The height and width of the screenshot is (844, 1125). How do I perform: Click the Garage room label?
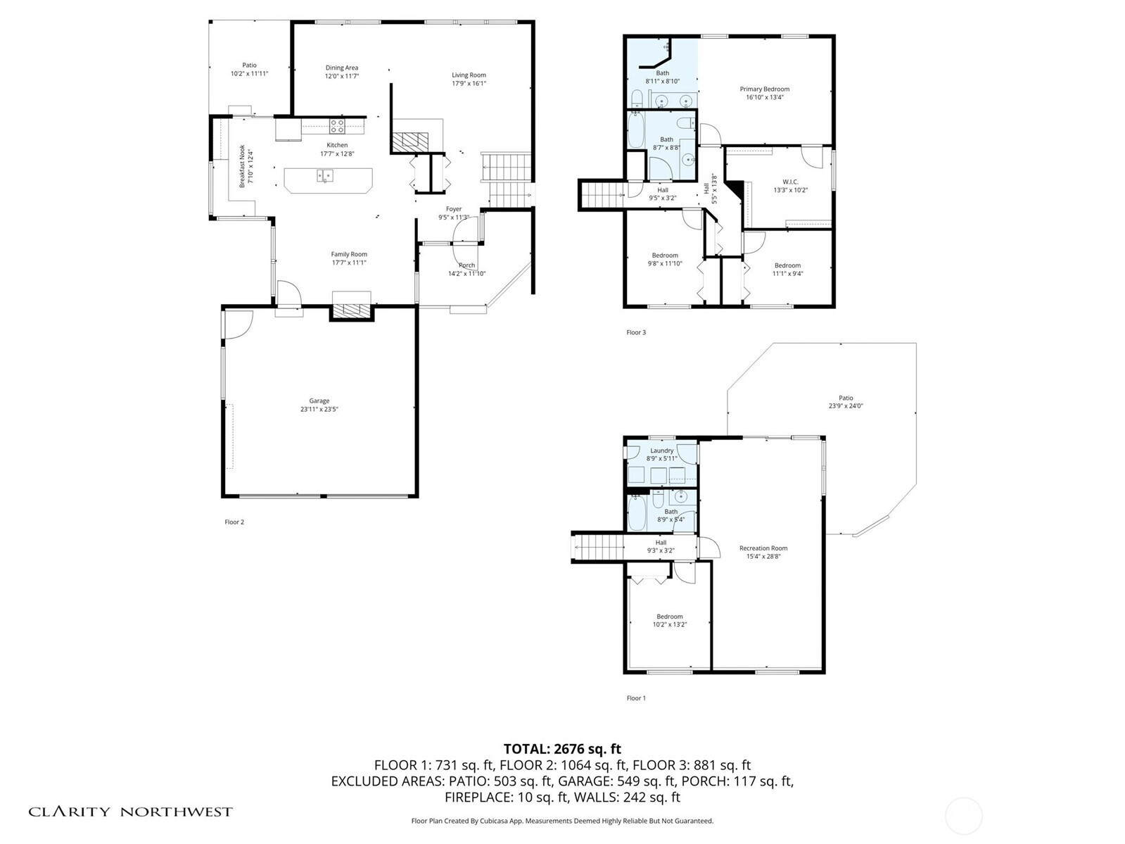pos(319,405)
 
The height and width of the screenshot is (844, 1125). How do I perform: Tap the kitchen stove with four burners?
pos(337,126)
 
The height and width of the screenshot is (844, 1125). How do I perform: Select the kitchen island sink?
pos(324,176)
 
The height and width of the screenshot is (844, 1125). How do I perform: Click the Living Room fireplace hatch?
pos(410,139)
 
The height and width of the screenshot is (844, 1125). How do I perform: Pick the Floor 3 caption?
pos(636,332)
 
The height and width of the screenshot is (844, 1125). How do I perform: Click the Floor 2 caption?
pos(234,522)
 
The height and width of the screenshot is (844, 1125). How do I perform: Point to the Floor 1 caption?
pos(636,698)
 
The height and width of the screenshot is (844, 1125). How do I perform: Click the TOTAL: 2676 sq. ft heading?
pos(562,749)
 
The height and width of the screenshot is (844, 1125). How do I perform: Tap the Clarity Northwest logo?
pos(130,812)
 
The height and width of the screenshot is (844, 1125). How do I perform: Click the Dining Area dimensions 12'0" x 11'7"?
pos(341,76)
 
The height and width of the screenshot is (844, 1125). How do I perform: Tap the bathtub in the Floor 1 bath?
pos(636,512)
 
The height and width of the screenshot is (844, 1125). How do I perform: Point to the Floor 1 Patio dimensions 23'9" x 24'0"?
pos(846,405)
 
